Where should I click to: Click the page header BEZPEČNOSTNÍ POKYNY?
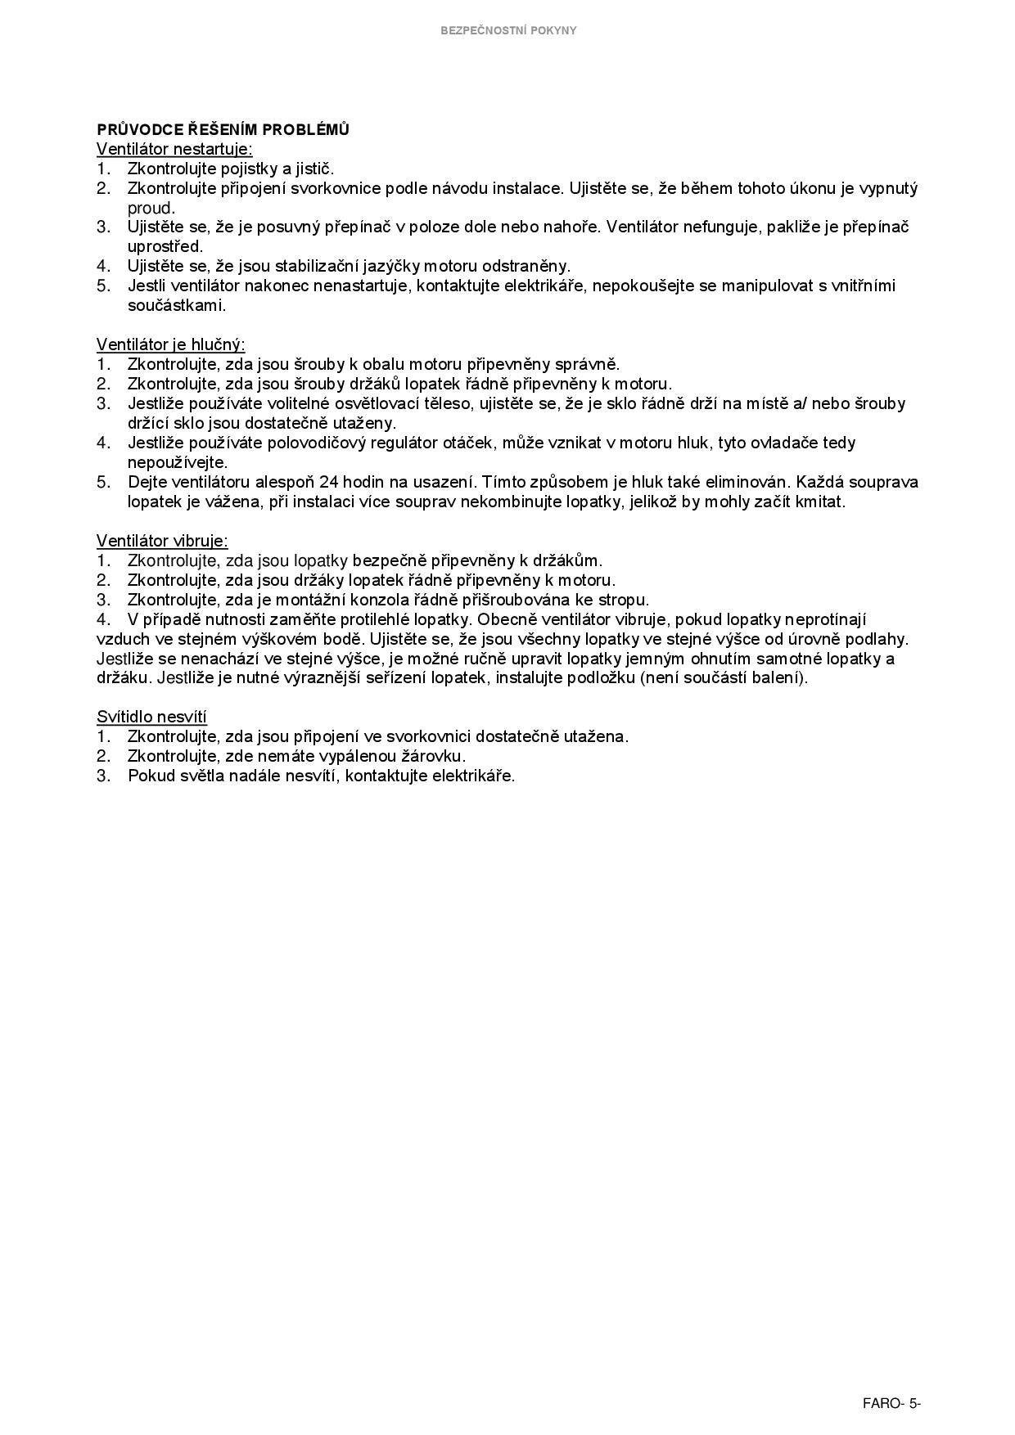[x=508, y=30]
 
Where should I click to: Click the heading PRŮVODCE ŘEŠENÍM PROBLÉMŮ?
[x=223, y=129]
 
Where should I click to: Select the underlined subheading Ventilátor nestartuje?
[x=174, y=149]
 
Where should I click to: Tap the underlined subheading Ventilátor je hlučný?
[x=170, y=344]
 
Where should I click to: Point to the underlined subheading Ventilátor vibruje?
[x=162, y=541]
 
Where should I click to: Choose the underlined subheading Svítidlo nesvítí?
[x=151, y=717]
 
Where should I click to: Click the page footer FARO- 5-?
[x=891, y=1404]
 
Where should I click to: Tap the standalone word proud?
[x=151, y=208]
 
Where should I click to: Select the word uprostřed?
[x=165, y=246]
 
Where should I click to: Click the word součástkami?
[x=176, y=305]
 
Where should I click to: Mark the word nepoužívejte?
[x=177, y=462]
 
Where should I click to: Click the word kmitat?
[x=819, y=502]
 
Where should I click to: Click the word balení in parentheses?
[x=779, y=678]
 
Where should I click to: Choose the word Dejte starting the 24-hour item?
[x=148, y=482]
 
